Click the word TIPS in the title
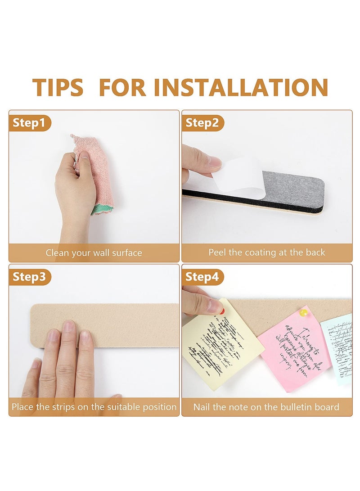coord(58,87)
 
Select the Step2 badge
coord(202,123)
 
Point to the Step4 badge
coord(202,277)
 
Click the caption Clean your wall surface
coord(94,253)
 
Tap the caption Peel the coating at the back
coord(266,252)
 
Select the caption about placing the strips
coord(94,407)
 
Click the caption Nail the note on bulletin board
coord(266,407)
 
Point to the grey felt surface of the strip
coord(292,189)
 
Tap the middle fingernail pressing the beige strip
coord(68,326)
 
